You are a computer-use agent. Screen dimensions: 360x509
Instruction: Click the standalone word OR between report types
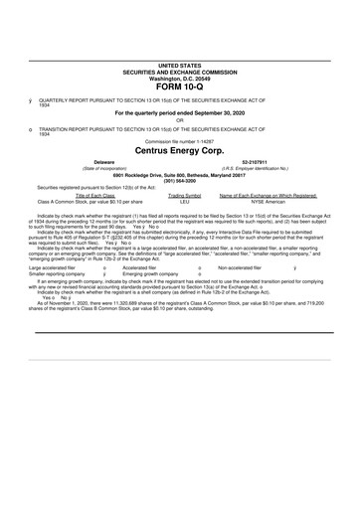tap(179, 121)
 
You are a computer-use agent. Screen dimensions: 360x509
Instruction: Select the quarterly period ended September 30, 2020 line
tap(179, 112)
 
